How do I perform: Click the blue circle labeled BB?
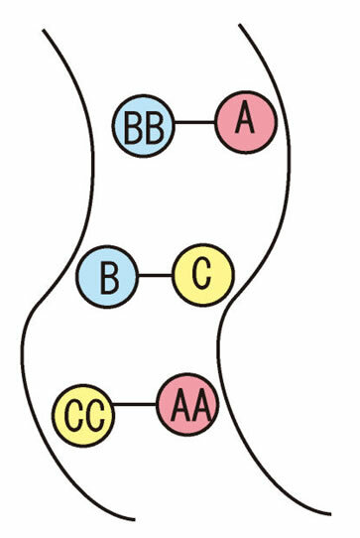click(144, 126)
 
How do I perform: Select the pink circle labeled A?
click(246, 122)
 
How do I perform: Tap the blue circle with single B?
click(107, 277)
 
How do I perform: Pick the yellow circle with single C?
click(203, 275)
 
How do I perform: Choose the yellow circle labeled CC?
click(83, 415)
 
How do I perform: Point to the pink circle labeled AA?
click(188, 404)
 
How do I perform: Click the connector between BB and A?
click(195, 122)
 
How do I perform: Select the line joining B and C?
click(156, 275)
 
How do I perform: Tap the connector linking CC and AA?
click(135, 405)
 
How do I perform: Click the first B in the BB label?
click(133, 127)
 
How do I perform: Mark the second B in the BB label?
click(155, 127)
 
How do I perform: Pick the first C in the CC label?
click(72, 416)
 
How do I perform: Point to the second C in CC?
click(95, 416)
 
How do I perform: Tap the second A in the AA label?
click(200, 405)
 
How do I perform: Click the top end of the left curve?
click(44, 30)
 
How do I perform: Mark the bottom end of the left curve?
click(134, 519)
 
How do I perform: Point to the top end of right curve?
click(240, 25)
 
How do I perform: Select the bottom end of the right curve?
click(330, 514)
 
